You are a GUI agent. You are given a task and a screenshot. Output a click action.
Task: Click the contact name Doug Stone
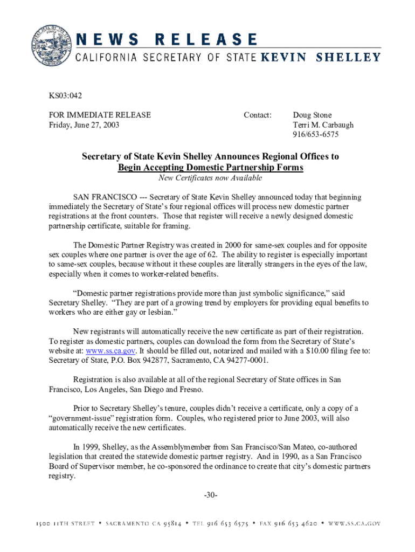pyautogui.click(x=312, y=115)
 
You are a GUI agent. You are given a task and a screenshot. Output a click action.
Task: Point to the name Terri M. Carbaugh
pyautogui.click(x=323, y=125)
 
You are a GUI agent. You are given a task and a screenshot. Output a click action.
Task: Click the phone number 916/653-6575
pyautogui.click(x=316, y=135)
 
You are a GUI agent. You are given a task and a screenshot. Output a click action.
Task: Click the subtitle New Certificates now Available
pyautogui.click(x=210, y=178)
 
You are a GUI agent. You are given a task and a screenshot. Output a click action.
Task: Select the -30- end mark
pyautogui.click(x=210, y=495)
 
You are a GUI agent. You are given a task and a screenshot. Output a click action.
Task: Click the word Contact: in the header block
pyautogui.click(x=258, y=115)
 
